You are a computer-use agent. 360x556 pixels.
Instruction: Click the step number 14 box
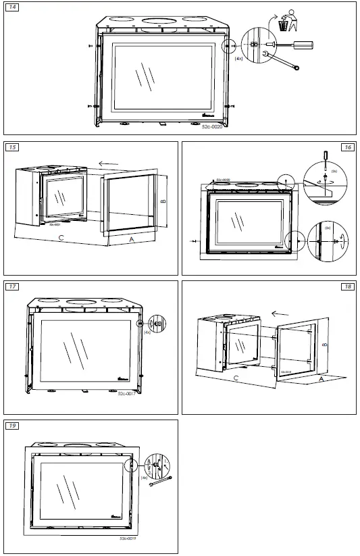[13, 7]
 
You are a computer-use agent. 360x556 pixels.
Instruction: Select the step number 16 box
[348, 147]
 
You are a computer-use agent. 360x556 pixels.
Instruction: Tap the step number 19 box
[13, 425]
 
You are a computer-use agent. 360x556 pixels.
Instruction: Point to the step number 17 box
[13, 286]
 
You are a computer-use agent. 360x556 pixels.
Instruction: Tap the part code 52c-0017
[127, 392]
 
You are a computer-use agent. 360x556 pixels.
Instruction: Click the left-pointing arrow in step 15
[108, 163]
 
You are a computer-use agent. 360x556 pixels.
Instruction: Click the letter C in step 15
[61, 238]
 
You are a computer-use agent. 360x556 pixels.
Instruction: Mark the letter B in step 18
[325, 344]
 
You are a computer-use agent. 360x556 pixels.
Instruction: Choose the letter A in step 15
[131, 239]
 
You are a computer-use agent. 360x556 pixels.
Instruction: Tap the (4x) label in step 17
[147, 331]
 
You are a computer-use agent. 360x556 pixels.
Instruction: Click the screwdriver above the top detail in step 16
[326, 157]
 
